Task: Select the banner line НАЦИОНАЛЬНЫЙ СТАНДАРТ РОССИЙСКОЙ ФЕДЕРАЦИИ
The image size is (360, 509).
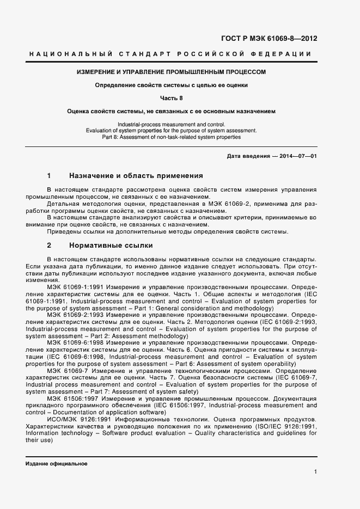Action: click(169, 54)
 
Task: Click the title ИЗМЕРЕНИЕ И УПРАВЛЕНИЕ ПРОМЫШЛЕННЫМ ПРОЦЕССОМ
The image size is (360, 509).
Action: click(171, 72)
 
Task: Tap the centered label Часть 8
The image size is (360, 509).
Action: click(171, 98)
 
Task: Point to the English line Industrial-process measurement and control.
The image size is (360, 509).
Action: click(171, 125)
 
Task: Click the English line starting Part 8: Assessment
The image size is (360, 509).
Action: click(171, 137)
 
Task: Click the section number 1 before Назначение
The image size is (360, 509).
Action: click(50, 176)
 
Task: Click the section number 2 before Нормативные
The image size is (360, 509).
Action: click(50, 246)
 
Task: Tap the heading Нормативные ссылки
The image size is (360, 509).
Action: click(111, 246)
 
